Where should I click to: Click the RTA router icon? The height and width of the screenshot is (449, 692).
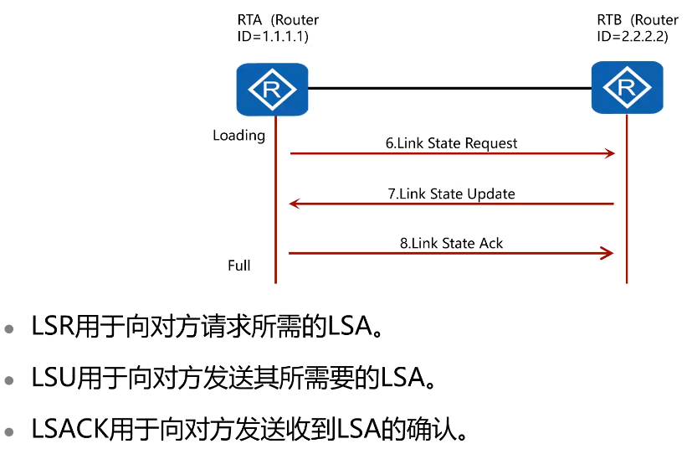click(272, 90)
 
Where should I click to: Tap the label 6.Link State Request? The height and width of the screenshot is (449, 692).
click(451, 143)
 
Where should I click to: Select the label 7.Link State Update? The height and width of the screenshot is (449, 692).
click(451, 194)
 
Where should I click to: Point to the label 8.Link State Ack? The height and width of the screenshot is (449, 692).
click(451, 244)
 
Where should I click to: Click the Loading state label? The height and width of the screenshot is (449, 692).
click(238, 136)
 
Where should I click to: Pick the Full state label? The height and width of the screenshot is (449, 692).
click(239, 266)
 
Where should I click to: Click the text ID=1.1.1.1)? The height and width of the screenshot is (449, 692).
click(274, 36)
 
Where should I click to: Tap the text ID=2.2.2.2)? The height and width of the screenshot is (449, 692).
click(632, 36)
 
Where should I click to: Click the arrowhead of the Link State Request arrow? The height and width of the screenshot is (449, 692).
click(609, 153)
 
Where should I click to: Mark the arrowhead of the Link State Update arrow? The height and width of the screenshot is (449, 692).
click(295, 204)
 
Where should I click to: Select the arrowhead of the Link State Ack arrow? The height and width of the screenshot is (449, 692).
click(609, 253)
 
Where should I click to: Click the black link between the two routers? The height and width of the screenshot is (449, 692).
click(449, 87)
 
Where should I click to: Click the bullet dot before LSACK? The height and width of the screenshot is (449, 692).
click(9, 432)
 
